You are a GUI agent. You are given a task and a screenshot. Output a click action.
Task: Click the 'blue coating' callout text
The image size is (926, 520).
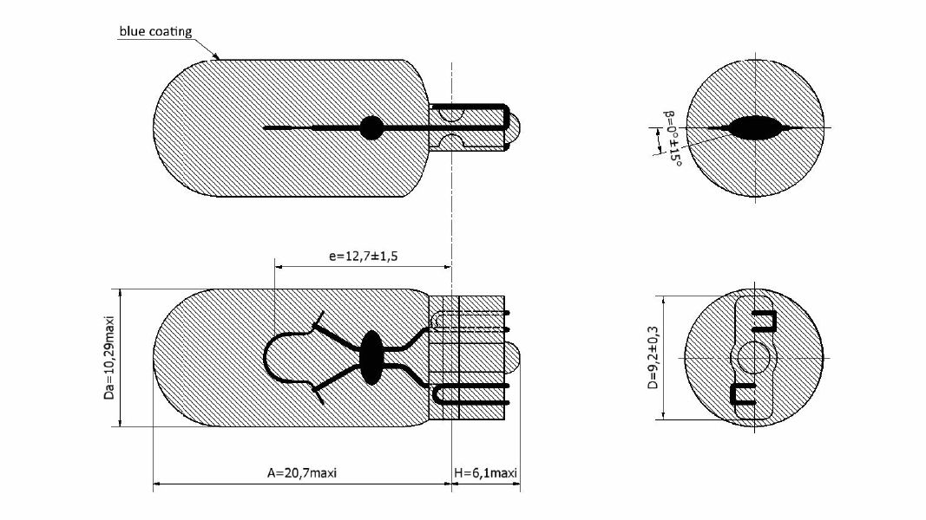pos(155,32)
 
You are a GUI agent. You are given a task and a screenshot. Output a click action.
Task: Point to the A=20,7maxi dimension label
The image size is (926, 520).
pos(301,473)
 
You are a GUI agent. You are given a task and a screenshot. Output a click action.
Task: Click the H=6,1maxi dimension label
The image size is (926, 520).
pos(486,473)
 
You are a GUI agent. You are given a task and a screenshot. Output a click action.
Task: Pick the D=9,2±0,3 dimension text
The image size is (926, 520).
pos(653,358)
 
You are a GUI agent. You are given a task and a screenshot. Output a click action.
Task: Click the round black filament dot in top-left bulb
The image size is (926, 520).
pos(371,128)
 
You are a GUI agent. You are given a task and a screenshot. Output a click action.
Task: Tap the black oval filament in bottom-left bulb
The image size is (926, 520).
pos(371,356)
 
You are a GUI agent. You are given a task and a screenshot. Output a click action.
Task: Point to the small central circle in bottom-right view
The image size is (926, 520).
pos(753,356)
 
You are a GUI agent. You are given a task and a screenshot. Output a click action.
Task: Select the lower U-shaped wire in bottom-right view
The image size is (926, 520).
pos(744,394)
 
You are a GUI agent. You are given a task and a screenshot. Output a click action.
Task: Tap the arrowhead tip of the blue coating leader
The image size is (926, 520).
pos(218,58)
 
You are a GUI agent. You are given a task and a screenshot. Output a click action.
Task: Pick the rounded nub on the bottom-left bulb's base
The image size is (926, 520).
pos(514,356)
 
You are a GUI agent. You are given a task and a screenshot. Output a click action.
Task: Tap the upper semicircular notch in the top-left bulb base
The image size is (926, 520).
pos(450,112)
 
